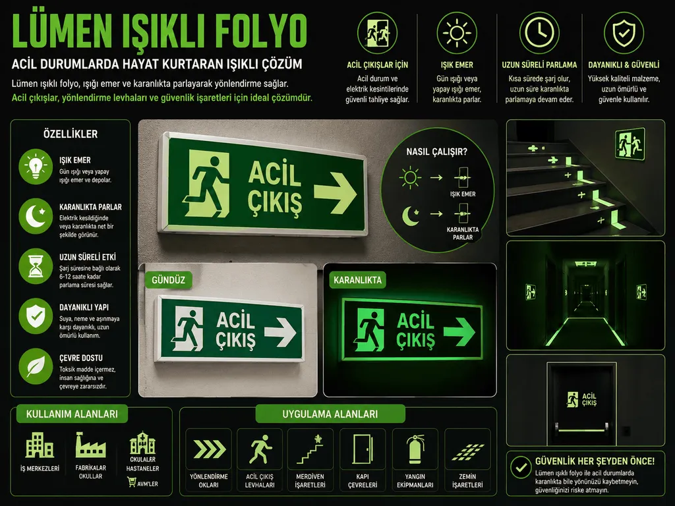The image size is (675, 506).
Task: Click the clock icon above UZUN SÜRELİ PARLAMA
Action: tap(539, 33)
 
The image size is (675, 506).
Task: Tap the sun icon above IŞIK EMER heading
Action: tap(457, 33)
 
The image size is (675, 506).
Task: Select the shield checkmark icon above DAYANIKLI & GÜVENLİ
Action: tap(624, 33)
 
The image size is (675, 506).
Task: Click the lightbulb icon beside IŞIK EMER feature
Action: tap(36, 167)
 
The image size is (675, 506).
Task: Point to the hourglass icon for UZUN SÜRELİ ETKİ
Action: tap(36, 266)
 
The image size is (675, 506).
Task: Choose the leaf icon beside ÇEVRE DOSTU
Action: tap(36, 366)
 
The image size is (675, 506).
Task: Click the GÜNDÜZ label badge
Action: tap(168, 280)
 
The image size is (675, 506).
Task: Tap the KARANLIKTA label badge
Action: tap(357, 280)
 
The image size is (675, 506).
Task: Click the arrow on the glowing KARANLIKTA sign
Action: tap(459, 332)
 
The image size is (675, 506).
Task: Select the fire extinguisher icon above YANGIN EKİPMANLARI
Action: tap(415, 449)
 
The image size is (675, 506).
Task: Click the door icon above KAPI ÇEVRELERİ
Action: tap(363, 449)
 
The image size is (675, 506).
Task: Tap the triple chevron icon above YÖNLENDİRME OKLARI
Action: tap(209, 449)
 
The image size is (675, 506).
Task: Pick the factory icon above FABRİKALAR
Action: tap(90, 445)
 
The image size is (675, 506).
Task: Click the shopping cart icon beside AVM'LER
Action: tap(131, 482)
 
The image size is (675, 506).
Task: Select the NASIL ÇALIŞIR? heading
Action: tap(436, 152)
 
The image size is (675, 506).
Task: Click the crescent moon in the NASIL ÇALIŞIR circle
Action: tap(410, 215)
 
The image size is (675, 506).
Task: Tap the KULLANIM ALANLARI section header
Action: tap(72, 414)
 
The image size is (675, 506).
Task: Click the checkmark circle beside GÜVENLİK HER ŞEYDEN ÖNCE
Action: tap(521, 467)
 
